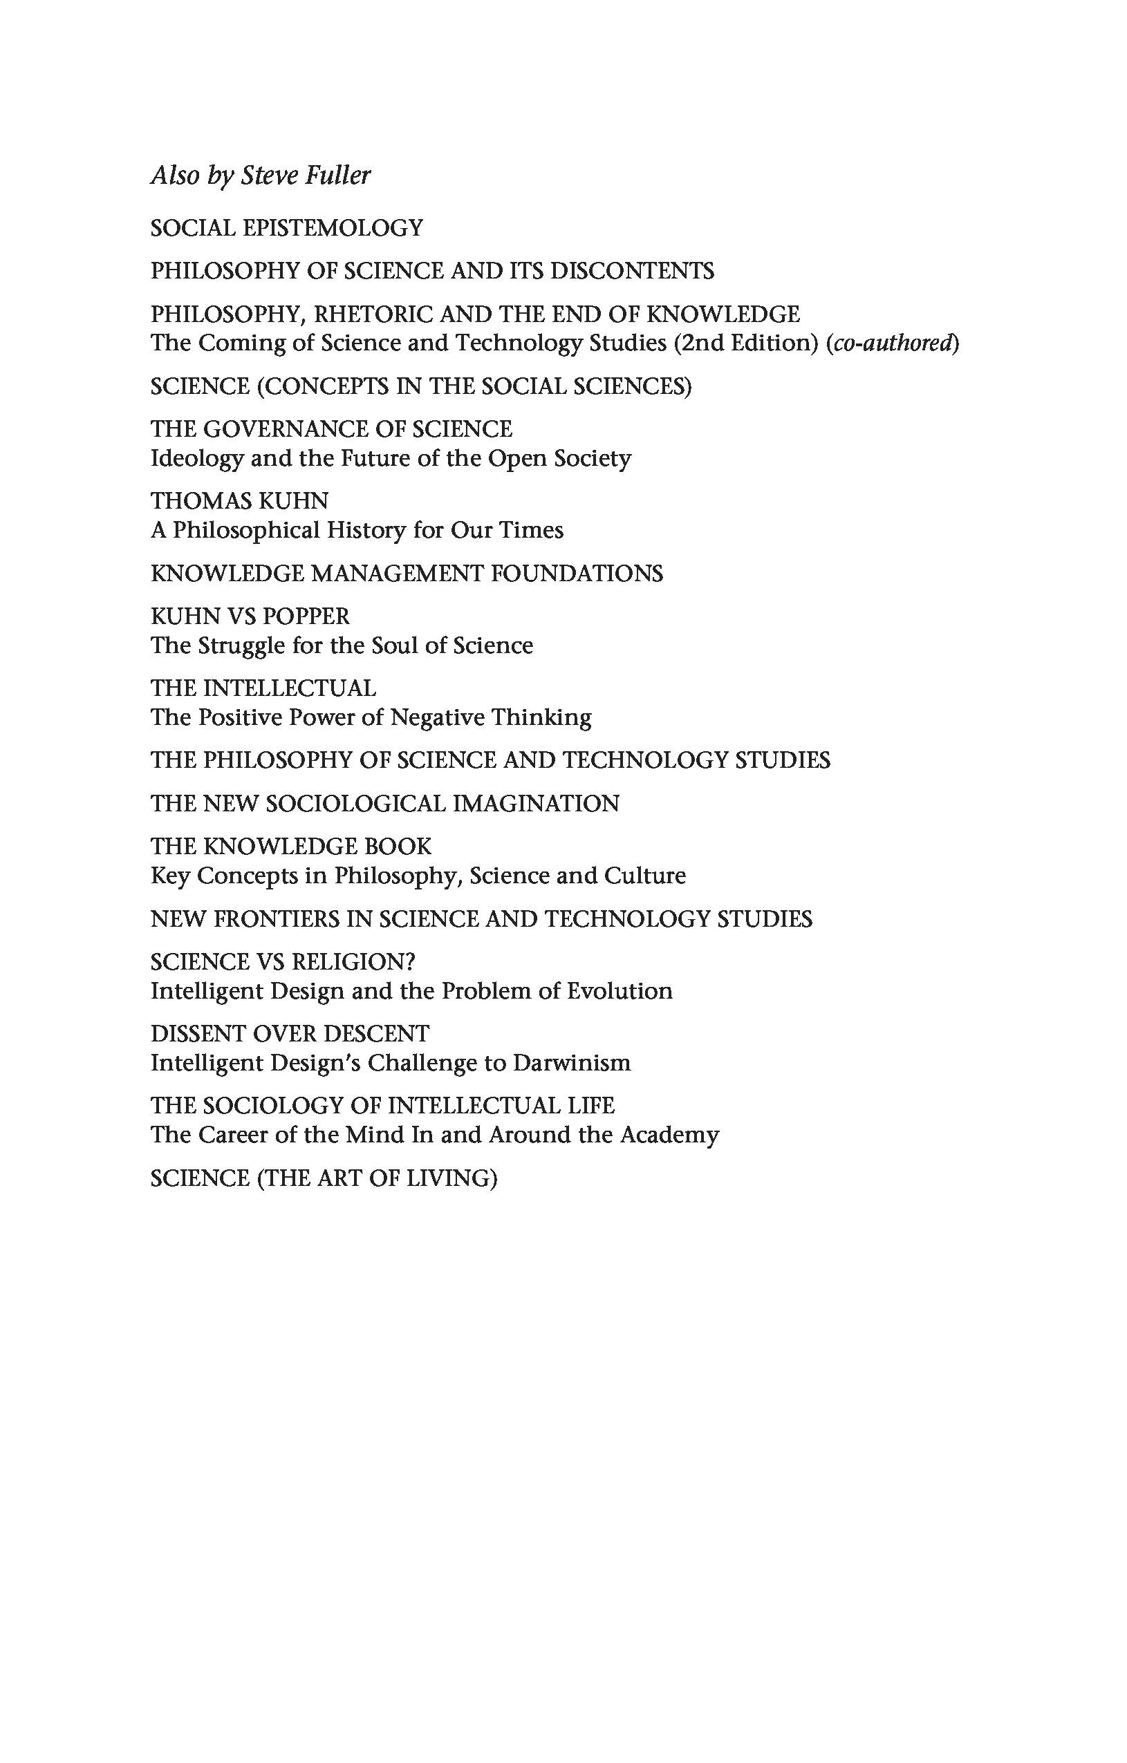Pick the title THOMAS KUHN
pos(239,502)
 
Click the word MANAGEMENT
pos(396,573)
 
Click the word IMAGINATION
pos(535,804)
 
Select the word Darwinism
pos(571,1063)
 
